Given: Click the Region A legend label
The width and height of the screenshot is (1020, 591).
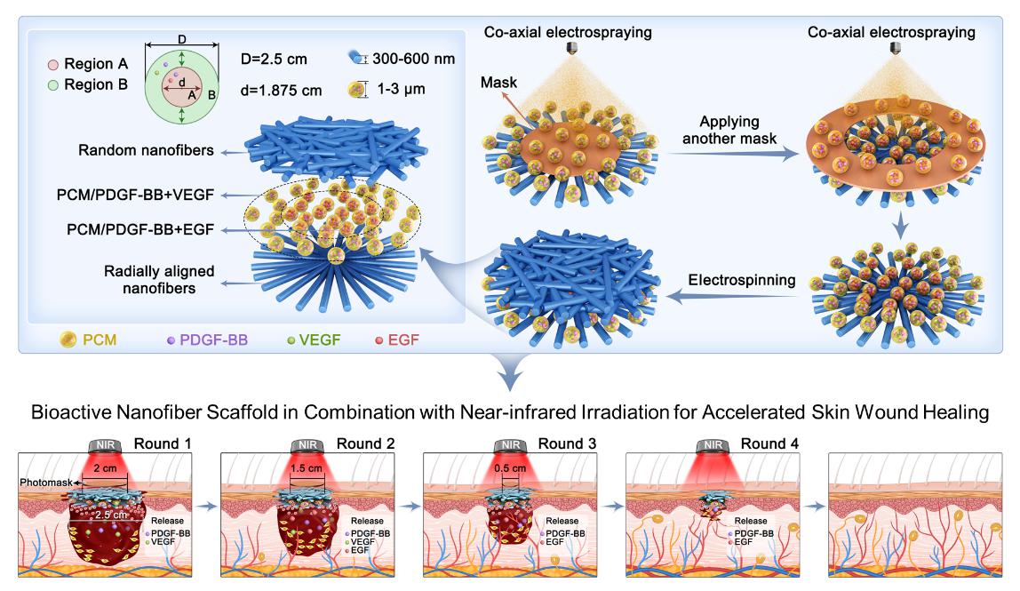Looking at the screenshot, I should [98, 66].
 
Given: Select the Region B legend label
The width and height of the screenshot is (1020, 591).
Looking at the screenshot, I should [98, 85].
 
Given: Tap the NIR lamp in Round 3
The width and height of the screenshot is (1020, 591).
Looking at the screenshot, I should [507, 444].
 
